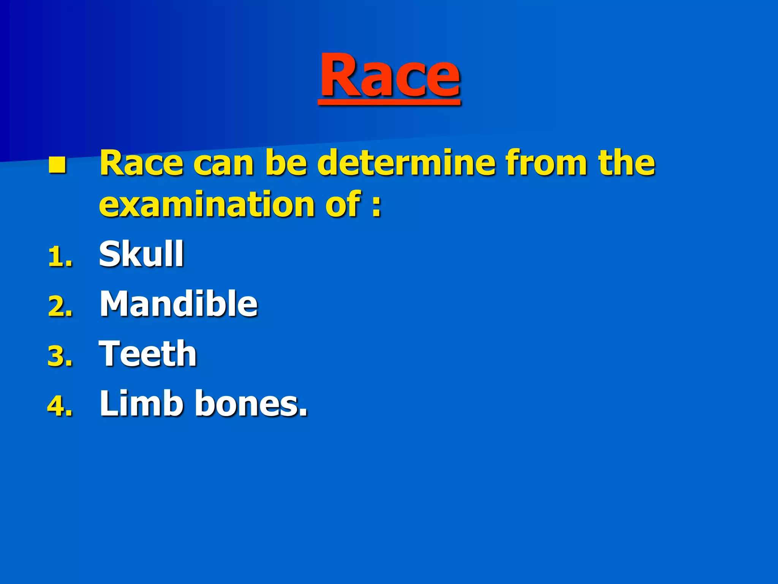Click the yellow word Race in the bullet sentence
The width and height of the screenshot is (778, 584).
click(x=141, y=163)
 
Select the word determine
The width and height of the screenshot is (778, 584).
click(x=406, y=163)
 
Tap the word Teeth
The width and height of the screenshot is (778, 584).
click(x=148, y=354)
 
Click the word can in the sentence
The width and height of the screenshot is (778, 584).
click(x=223, y=164)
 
